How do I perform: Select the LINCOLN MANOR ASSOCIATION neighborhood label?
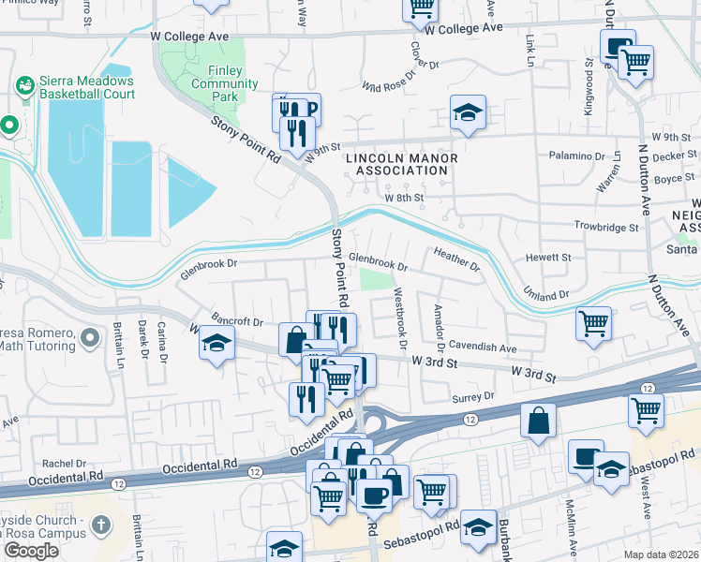point(402,165)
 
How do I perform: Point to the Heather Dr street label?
point(456,260)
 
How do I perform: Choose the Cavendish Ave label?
point(483,348)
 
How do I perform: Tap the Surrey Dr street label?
point(473,396)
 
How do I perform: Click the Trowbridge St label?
point(606,227)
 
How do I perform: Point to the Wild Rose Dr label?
point(387,87)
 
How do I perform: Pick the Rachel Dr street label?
point(64,463)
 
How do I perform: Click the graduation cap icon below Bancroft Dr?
point(216,344)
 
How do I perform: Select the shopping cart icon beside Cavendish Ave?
point(594,324)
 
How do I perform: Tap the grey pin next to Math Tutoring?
point(90,336)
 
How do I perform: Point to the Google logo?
point(31,551)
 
